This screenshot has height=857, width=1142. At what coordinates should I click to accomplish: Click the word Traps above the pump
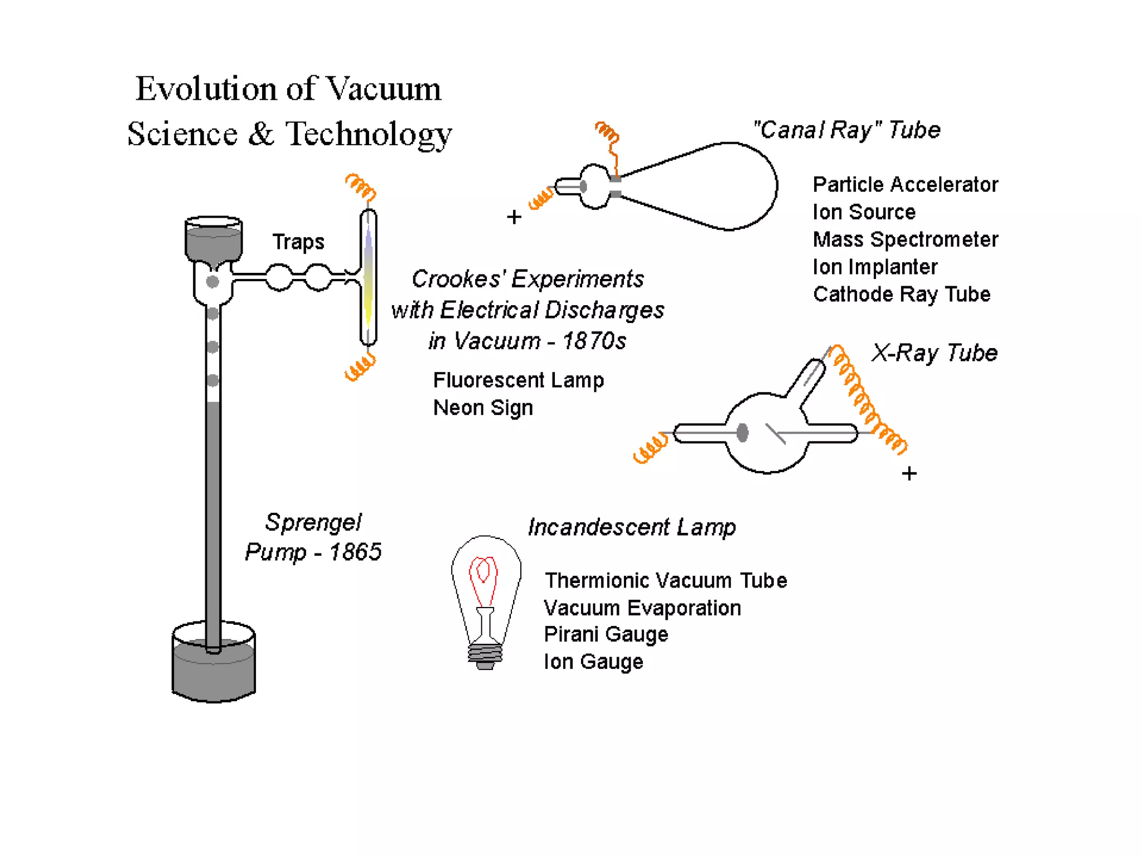click(x=298, y=242)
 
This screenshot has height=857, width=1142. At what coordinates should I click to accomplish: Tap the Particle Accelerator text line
click(x=905, y=185)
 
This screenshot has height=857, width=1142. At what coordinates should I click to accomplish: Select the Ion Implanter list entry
click(x=875, y=267)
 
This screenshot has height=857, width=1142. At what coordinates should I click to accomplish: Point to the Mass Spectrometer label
click(x=905, y=239)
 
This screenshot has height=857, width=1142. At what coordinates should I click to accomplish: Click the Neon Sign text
click(x=483, y=408)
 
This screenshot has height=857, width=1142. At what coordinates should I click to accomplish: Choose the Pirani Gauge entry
click(x=606, y=634)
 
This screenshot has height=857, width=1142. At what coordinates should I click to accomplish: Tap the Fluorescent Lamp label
click(x=518, y=381)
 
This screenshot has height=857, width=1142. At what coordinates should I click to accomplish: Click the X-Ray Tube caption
click(x=935, y=353)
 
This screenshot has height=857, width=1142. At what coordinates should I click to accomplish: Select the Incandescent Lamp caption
click(x=632, y=527)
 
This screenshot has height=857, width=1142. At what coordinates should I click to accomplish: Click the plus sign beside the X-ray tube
click(x=909, y=474)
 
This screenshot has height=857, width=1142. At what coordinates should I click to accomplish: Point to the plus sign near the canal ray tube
click(x=514, y=217)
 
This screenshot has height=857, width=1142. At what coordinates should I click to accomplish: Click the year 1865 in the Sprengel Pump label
click(x=355, y=552)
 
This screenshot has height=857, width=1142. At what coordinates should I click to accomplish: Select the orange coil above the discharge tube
click(x=361, y=186)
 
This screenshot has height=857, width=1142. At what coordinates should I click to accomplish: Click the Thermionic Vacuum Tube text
click(x=666, y=581)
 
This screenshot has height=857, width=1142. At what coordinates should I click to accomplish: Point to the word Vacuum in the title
click(x=383, y=89)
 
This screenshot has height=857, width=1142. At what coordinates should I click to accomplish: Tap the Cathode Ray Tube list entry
click(x=902, y=294)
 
